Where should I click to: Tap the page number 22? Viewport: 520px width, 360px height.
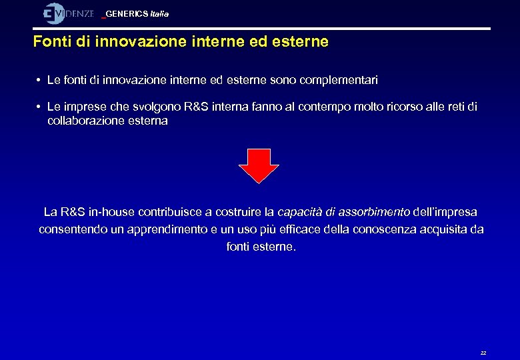pos(483,353)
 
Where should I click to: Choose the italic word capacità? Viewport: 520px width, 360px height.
pos(299,212)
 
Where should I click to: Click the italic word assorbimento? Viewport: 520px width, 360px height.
pos(374,212)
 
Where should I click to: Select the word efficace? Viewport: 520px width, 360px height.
pos(287,229)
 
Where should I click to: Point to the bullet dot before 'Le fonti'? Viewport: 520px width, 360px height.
pos(40,80)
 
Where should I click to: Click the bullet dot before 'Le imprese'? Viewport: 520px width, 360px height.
pos(40,107)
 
